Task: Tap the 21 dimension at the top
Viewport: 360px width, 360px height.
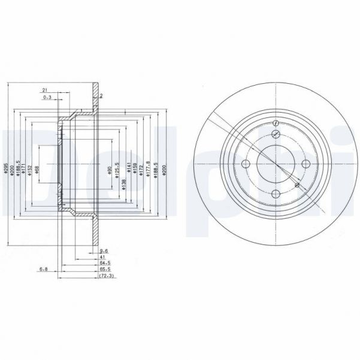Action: click(45, 89)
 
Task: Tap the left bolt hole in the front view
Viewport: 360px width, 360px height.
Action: click(245, 164)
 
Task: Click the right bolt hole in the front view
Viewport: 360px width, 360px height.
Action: click(305, 164)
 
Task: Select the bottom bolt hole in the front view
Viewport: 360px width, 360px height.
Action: click(275, 194)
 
